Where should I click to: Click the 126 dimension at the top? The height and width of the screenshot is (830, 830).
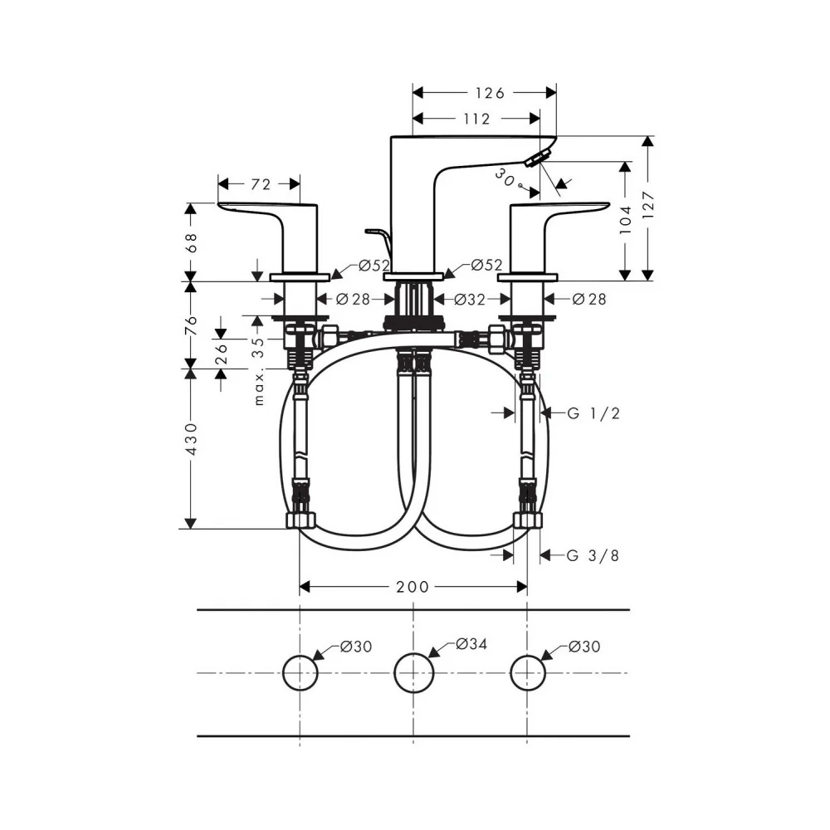point(490,93)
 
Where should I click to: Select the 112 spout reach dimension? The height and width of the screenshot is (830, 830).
point(476,119)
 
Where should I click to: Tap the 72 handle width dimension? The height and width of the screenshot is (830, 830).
point(261,184)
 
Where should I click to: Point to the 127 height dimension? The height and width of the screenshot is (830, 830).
point(648,205)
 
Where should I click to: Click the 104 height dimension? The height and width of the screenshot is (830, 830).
point(626,219)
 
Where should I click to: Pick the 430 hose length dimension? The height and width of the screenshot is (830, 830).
point(191,439)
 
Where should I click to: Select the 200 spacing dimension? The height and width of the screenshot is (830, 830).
point(413,587)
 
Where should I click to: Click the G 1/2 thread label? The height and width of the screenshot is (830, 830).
point(593,413)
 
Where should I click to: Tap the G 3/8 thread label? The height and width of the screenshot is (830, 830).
point(593,555)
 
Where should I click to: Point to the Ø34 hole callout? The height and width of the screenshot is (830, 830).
point(471,644)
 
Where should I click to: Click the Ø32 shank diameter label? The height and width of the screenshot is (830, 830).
point(470,300)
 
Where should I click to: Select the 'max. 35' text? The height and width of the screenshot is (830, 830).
point(258,371)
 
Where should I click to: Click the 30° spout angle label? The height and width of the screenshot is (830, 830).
point(508,178)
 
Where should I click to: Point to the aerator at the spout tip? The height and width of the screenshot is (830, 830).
point(537,159)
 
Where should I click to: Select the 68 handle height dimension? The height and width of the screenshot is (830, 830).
point(191,242)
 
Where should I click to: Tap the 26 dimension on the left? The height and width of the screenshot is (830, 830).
point(222,354)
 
